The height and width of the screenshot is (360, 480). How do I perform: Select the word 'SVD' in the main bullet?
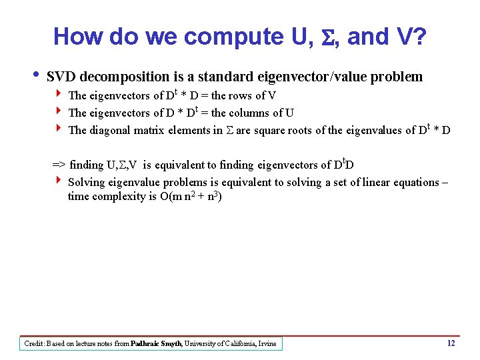(x=61, y=77)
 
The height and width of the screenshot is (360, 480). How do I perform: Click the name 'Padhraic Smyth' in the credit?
(x=156, y=344)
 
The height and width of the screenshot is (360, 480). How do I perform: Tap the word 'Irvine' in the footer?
(x=267, y=344)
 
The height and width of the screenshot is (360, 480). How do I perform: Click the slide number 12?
(x=451, y=343)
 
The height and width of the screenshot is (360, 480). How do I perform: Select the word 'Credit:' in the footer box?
(x=34, y=344)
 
